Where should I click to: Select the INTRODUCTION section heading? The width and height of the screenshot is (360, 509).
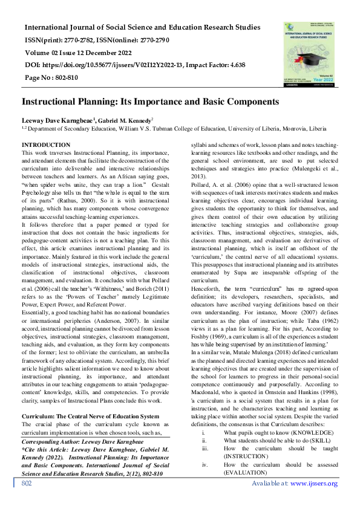pyautogui.click(x=46, y=145)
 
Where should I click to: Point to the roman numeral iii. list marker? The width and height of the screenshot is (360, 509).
pyautogui.click(x=205, y=449)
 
